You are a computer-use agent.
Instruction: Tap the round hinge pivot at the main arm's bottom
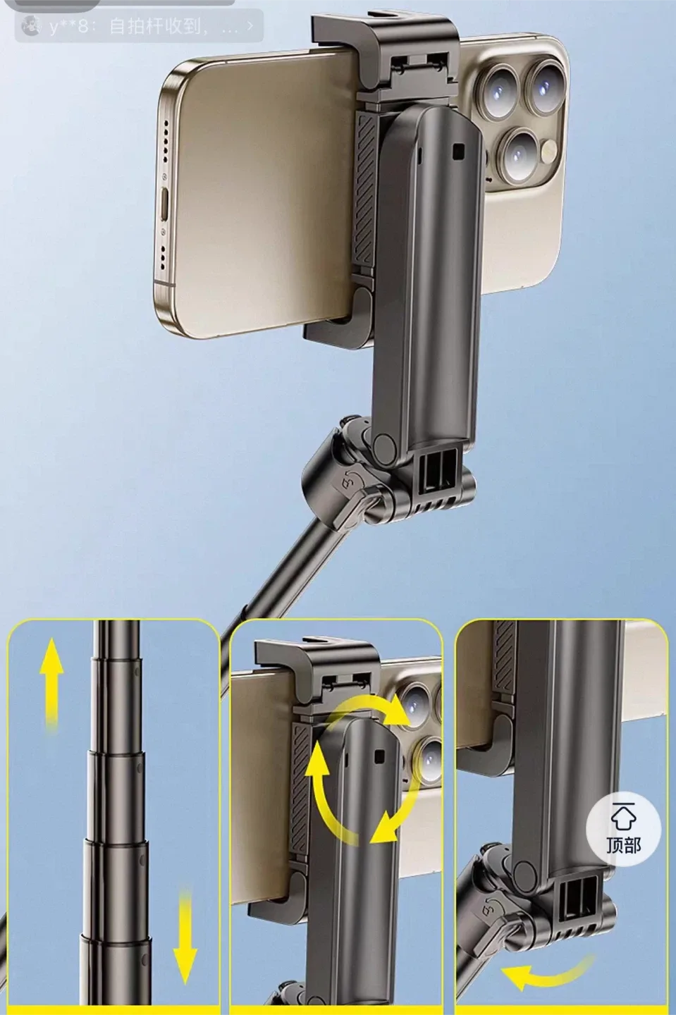pos(385,445)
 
